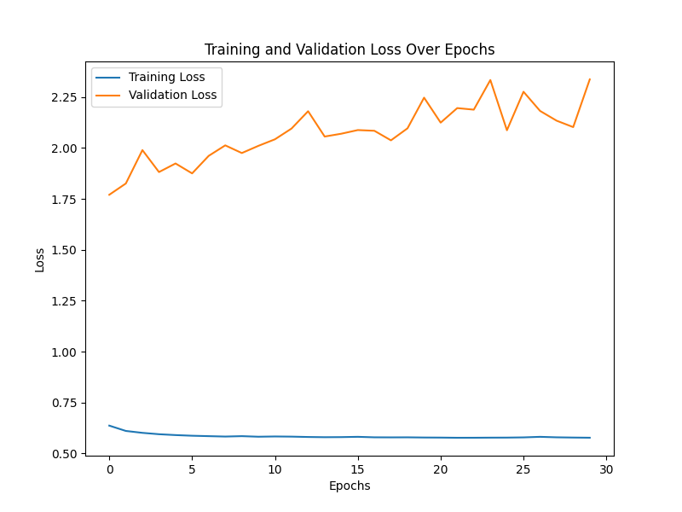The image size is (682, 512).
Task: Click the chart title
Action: point(350,49)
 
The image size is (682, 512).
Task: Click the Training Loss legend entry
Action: point(166,77)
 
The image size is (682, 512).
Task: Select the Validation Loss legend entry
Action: point(172,95)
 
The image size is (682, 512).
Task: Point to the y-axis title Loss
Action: point(40,259)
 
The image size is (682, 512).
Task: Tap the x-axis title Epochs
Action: point(350,486)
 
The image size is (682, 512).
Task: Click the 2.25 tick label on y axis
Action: point(65,98)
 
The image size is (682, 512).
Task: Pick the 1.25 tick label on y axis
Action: point(65,301)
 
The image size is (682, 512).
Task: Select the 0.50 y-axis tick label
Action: point(65,454)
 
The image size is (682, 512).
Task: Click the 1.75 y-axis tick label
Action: point(65,200)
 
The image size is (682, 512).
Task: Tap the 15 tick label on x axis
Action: point(357,469)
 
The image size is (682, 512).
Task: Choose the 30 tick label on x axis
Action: point(606,469)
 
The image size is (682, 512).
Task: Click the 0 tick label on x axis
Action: point(109,469)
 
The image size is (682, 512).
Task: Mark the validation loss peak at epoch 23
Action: point(490,80)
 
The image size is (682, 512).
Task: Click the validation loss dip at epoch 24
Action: point(506,130)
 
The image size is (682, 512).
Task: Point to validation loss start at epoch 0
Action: point(109,195)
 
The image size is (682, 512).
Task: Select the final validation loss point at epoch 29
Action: point(589,79)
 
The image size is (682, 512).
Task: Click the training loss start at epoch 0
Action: point(109,425)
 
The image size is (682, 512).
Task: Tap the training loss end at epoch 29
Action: point(589,438)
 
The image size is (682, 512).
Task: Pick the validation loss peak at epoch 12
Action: point(308,111)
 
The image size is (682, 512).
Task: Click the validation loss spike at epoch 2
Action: point(142,150)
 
